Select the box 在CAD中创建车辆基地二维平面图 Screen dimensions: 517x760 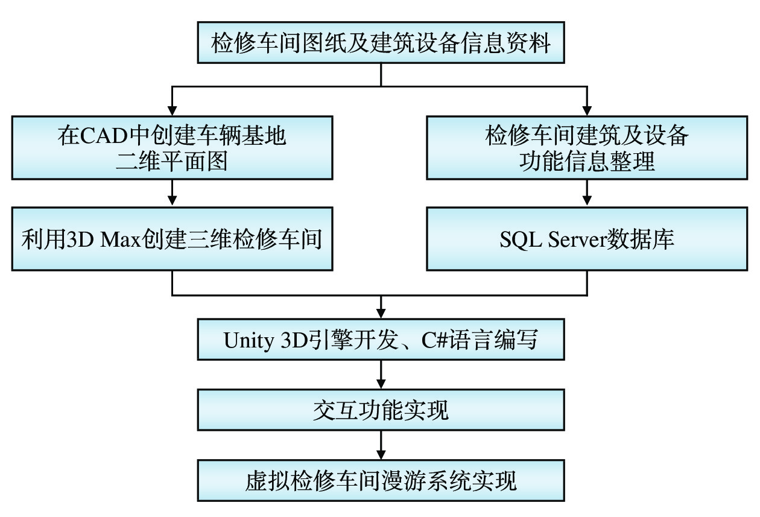(172, 148)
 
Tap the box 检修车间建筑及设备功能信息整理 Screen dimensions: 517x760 (587, 148)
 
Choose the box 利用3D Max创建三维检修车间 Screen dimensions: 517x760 (172, 239)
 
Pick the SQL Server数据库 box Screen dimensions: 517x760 (587, 239)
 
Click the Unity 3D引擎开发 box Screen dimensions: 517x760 (381, 341)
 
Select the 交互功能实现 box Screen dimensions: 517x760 (381, 410)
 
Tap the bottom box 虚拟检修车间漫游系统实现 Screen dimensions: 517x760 (381, 481)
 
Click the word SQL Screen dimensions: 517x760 (520, 239)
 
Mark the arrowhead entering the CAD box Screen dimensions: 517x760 (173, 111)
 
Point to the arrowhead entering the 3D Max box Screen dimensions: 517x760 (173, 201)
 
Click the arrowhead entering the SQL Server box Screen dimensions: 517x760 (587, 201)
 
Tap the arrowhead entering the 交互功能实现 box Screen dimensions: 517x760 (381, 383)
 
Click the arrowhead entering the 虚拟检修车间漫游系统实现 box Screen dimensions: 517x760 (381, 454)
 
